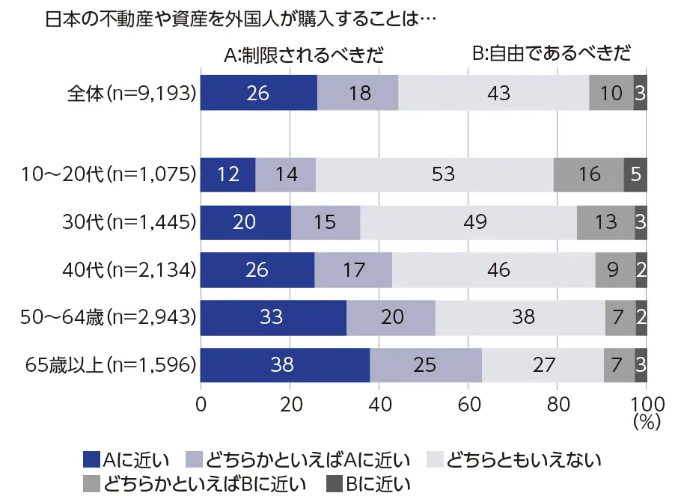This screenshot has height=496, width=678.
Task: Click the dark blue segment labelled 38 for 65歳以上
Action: click(285, 364)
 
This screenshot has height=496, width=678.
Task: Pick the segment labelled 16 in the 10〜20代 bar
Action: click(588, 174)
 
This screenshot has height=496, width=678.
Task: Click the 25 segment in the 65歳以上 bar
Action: click(425, 364)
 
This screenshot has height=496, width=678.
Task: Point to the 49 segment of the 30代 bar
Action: click(468, 222)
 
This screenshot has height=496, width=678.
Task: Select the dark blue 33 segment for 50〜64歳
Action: click(273, 317)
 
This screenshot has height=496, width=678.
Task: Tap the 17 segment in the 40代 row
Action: click(353, 269)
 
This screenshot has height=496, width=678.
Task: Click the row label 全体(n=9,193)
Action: click(132, 94)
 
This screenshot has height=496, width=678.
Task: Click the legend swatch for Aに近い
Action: click(91, 459)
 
